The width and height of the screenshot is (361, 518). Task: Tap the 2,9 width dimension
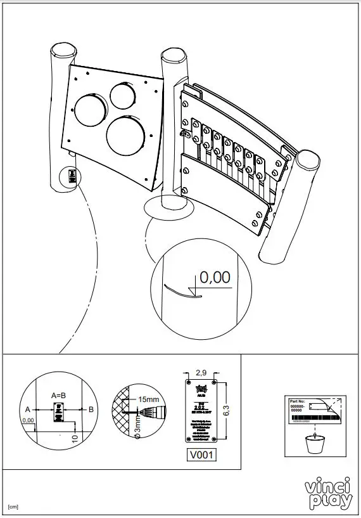pyautogui.click(x=202, y=372)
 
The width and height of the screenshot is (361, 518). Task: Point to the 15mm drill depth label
pyautogui.click(x=149, y=399)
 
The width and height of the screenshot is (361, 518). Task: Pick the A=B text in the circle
pyautogui.click(x=59, y=394)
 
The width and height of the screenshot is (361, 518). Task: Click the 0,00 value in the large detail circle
pyautogui.click(x=215, y=277)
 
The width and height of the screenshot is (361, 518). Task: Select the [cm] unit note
pyautogui.click(x=12, y=508)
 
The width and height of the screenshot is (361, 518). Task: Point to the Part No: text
pyautogui.click(x=297, y=401)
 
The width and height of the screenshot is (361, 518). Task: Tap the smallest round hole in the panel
pyautogui.click(x=122, y=94)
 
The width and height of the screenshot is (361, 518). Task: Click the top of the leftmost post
pyautogui.click(x=63, y=50)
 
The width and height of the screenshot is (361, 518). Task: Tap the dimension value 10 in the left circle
pyautogui.click(x=75, y=437)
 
